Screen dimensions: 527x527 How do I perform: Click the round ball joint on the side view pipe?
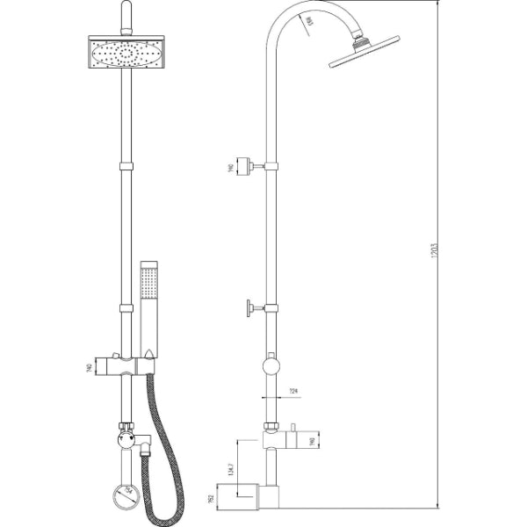click(x=271, y=367)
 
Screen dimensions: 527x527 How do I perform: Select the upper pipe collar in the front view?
click(x=126, y=166)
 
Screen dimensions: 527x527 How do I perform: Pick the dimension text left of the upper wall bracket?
click(x=230, y=166)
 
